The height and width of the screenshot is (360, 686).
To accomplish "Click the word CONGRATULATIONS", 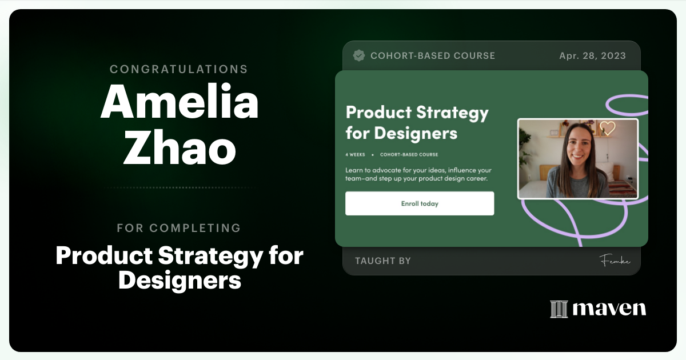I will (179, 69).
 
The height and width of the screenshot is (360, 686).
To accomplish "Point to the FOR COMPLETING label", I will (179, 228).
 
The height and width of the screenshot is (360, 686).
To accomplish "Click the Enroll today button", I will (420, 203).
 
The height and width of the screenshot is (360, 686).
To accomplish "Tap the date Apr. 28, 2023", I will (592, 56).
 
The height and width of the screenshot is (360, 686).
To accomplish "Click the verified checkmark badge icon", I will (359, 55).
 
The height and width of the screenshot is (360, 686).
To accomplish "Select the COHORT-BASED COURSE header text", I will (433, 56).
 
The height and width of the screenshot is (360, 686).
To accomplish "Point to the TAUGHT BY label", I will (383, 261).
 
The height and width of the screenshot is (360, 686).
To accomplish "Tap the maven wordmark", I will (609, 309).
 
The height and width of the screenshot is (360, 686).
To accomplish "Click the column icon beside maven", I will (559, 309).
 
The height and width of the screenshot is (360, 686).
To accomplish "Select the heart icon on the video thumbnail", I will (607, 128).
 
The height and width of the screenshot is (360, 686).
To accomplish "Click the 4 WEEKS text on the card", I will (355, 154).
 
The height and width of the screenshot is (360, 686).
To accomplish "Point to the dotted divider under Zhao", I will (179, 187).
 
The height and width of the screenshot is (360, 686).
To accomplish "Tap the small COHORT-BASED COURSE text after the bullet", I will (409, 154).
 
